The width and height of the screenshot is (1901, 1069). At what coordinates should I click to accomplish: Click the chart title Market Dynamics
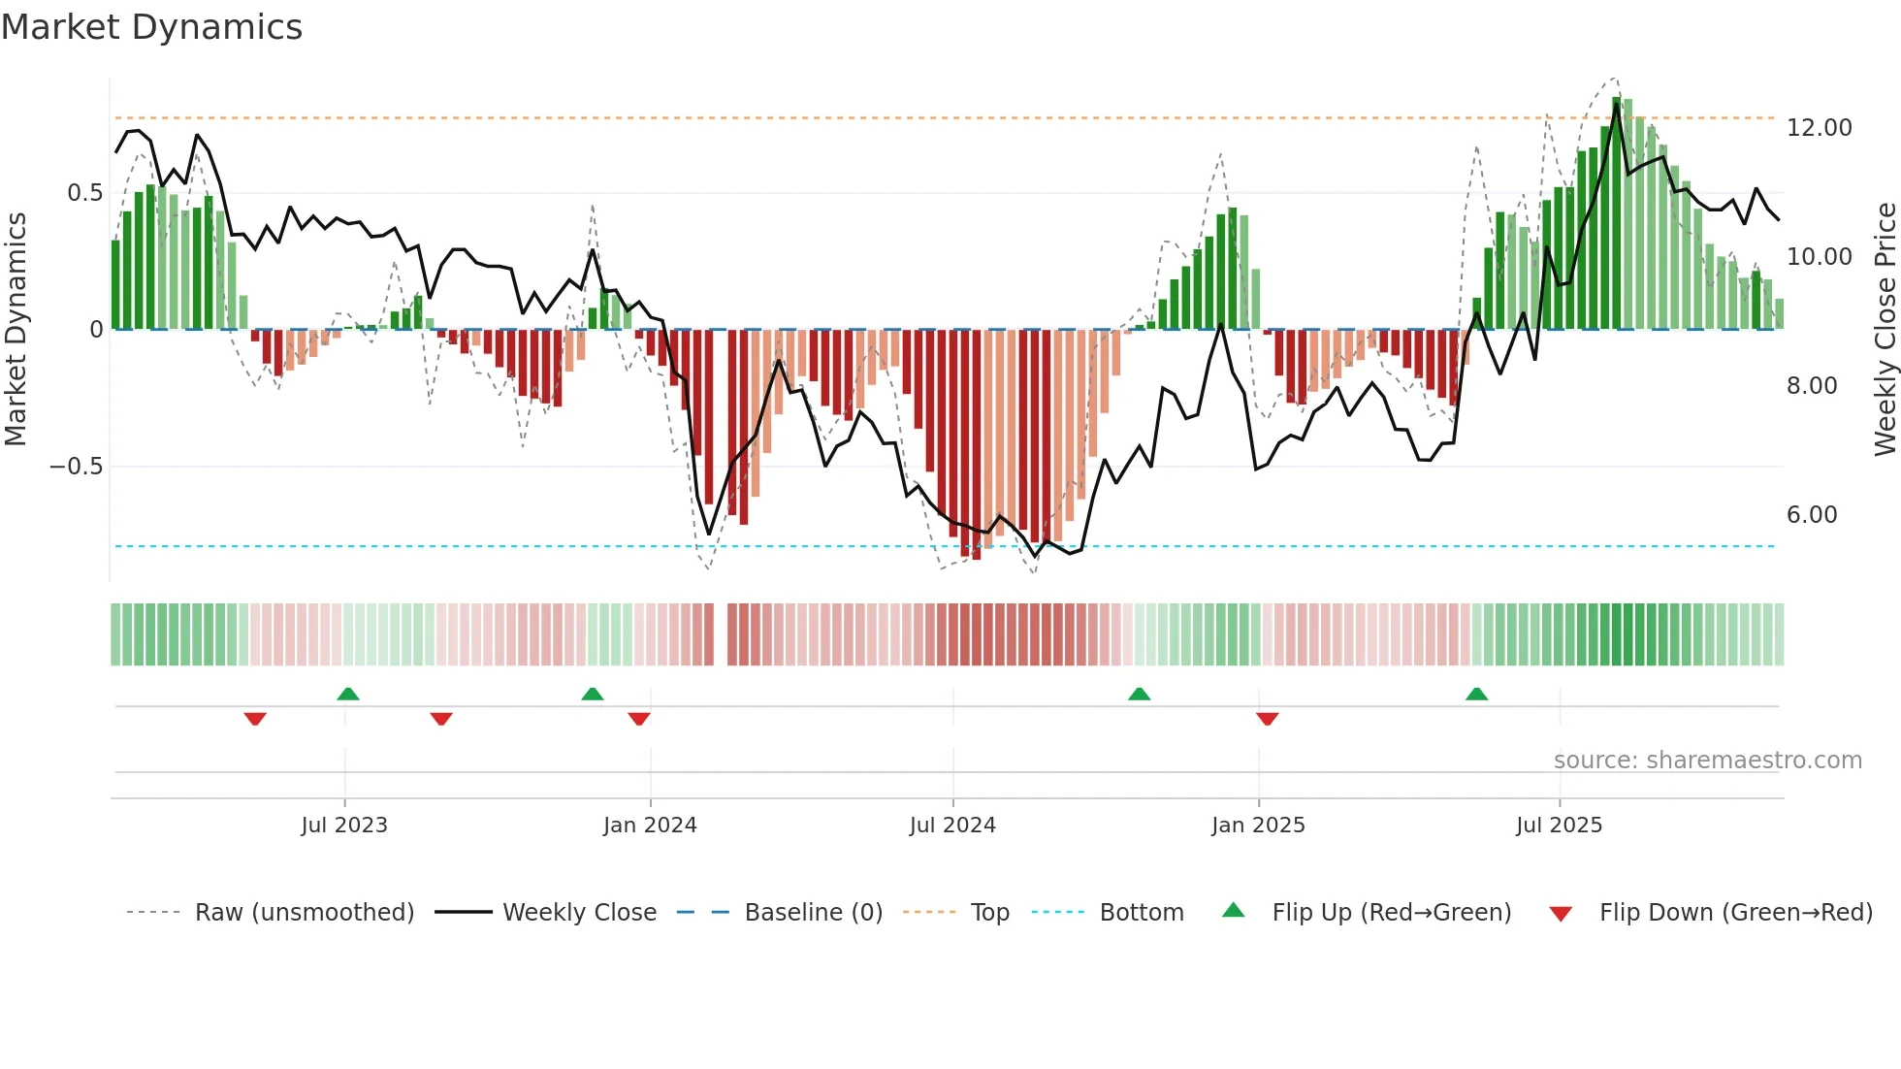pos(151,27)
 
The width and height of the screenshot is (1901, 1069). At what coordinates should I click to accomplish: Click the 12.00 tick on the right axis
pos(1819,128)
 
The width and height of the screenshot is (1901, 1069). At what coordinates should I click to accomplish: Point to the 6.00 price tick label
pos(1812,515)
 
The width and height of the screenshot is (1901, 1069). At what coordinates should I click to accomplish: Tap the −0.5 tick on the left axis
pos(76,467)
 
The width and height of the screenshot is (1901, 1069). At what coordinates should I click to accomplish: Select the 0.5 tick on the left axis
pos(84,193)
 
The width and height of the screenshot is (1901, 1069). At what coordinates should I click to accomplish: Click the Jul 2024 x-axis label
pos(951,826)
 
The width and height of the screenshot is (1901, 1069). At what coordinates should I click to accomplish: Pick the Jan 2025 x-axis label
pos(1257,826)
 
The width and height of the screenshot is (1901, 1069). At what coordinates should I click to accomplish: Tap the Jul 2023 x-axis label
pos(343,826)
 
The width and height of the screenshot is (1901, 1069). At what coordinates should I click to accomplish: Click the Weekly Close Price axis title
pos(1885,329)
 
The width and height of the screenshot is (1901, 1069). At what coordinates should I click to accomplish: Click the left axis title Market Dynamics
pos(16,329)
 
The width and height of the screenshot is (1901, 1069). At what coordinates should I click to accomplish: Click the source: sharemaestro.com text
pos(1707,761)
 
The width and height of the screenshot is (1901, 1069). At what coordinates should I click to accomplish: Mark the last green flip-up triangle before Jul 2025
pos(1476,695)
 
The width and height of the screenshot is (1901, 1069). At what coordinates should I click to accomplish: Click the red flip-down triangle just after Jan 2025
pos(1267,719)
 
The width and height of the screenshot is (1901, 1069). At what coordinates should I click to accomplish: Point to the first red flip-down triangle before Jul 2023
pos(255,719)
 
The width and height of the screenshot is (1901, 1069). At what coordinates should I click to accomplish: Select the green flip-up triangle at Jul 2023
pos(348,695)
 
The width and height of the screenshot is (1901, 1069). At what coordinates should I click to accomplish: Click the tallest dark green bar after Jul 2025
pos(1617,213)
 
